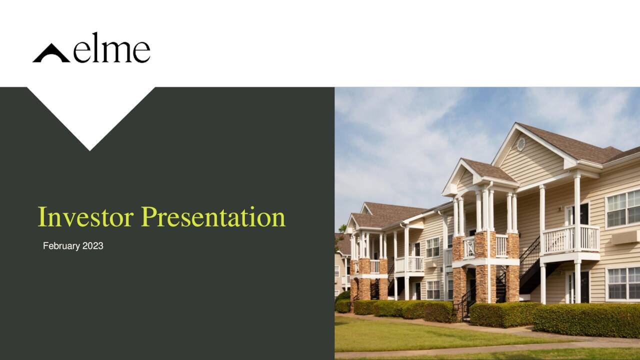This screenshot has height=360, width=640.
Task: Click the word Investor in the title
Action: click(85, 217)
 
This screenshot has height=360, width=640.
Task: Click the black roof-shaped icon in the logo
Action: click(51, 53)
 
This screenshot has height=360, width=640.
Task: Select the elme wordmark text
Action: click(111, 48)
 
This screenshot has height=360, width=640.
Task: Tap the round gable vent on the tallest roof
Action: click(521, 144)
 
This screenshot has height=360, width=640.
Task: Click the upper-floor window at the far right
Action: click(623, 209)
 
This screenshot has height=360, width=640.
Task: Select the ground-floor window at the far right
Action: click(623, 283)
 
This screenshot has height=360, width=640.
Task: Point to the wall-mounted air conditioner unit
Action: click(624, 237)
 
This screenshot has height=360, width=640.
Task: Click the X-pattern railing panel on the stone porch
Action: click(469, 247)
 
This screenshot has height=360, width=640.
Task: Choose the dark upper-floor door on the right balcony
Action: click(584, 215)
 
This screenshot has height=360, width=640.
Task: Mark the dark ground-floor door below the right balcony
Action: click(584, 287)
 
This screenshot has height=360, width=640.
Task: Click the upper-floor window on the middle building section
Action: click(433, 247)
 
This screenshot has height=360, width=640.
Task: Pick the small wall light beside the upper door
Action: click(560, 208)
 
